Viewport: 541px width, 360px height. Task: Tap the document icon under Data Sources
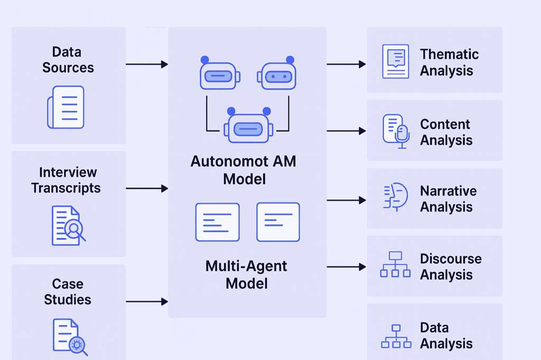click(x=66, y=107)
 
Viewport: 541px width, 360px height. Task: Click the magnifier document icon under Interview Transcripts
click(x=68, y=225)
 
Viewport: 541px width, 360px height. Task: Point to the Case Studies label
click(x=68, y=292)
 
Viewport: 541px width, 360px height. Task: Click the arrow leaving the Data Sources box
click(x=146, y=64)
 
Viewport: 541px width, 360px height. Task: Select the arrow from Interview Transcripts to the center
click(x=146, y=188)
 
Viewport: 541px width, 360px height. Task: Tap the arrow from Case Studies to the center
click(x=146, y=301)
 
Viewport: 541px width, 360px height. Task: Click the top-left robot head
click(x=219, y=74)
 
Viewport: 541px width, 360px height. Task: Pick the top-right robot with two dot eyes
click(x=277, y=74)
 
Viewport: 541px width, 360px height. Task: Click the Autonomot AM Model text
click(x=244, y=169)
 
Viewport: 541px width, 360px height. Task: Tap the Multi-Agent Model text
click(x=246, y=274)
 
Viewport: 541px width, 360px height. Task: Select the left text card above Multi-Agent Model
click(x=217, y=222)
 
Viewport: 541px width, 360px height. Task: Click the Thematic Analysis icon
click(x=395, y=61)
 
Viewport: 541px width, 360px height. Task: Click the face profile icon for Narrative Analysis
click(x=395, y=197)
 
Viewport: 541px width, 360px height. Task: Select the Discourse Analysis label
click(x=451, y=267)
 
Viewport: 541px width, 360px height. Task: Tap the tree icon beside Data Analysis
click(x=396, y=336)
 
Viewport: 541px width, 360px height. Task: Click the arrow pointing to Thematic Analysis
click(x=346, y=64)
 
